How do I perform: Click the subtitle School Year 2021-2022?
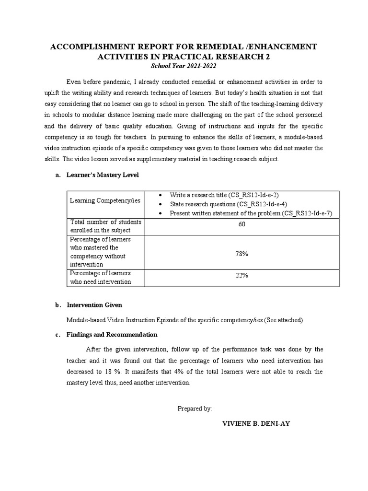(x=184, y=66)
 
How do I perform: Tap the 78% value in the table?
(x=241, y=254)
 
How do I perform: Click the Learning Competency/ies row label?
(x=105, y=200)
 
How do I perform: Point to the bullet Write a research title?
(x=224, y=194)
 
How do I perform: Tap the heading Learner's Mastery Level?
(x=103, y=175)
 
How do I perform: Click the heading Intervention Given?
(x=94, y=305)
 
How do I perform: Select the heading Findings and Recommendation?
(x=112, y=334)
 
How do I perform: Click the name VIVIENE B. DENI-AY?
(x=256, y=424)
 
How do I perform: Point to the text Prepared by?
(x=195, y=409)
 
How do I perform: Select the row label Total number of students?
(x=105, y=226)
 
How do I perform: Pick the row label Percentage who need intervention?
(x=101, y=277)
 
